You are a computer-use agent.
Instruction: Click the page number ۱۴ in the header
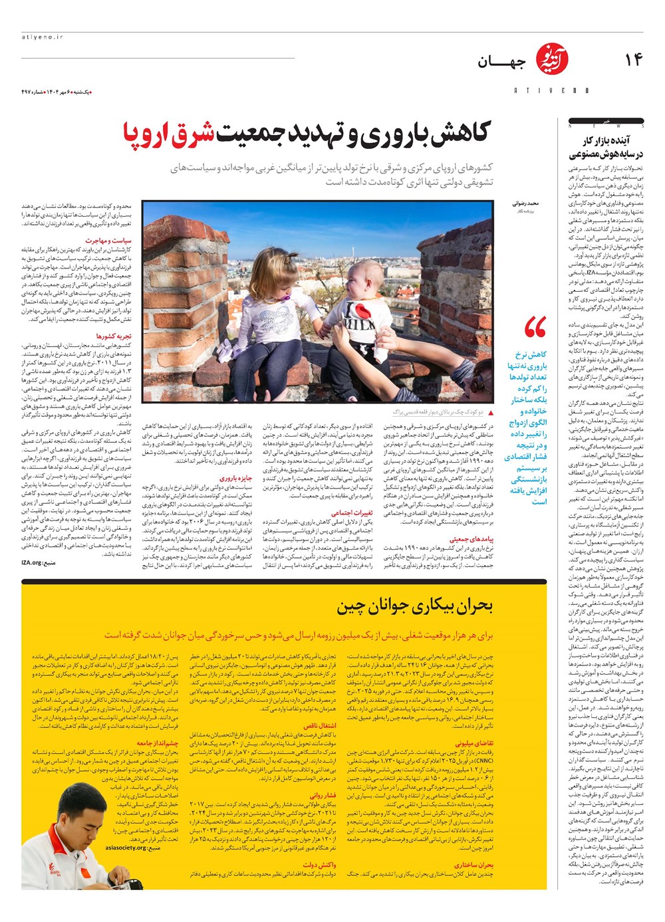click(634, 60)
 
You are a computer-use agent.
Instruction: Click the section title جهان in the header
click(501, 62)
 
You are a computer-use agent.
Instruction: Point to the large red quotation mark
click(535, 328)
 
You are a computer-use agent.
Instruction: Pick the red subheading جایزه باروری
click(236, 477)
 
